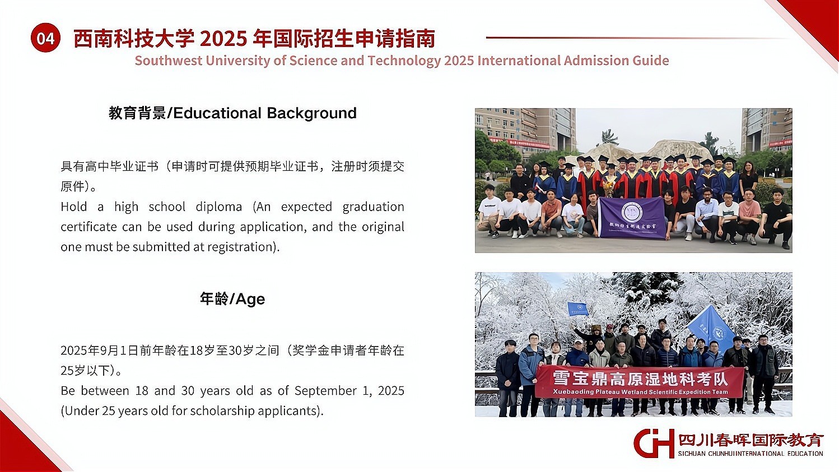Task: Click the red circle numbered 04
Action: tap(46, 38)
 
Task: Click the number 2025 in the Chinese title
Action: tap(223, 39)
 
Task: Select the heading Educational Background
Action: tap(265, 113)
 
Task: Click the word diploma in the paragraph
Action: tap(219, 207)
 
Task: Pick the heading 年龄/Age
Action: tap(232, 298)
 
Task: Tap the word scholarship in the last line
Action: tap(212, 411)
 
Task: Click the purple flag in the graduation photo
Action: tap(632, 217)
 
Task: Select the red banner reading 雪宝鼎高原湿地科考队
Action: tap(640, 381)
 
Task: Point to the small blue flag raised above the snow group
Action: tap(577, 309)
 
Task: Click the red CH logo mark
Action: tap(654, 443)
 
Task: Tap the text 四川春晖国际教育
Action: tap(751, 440)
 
